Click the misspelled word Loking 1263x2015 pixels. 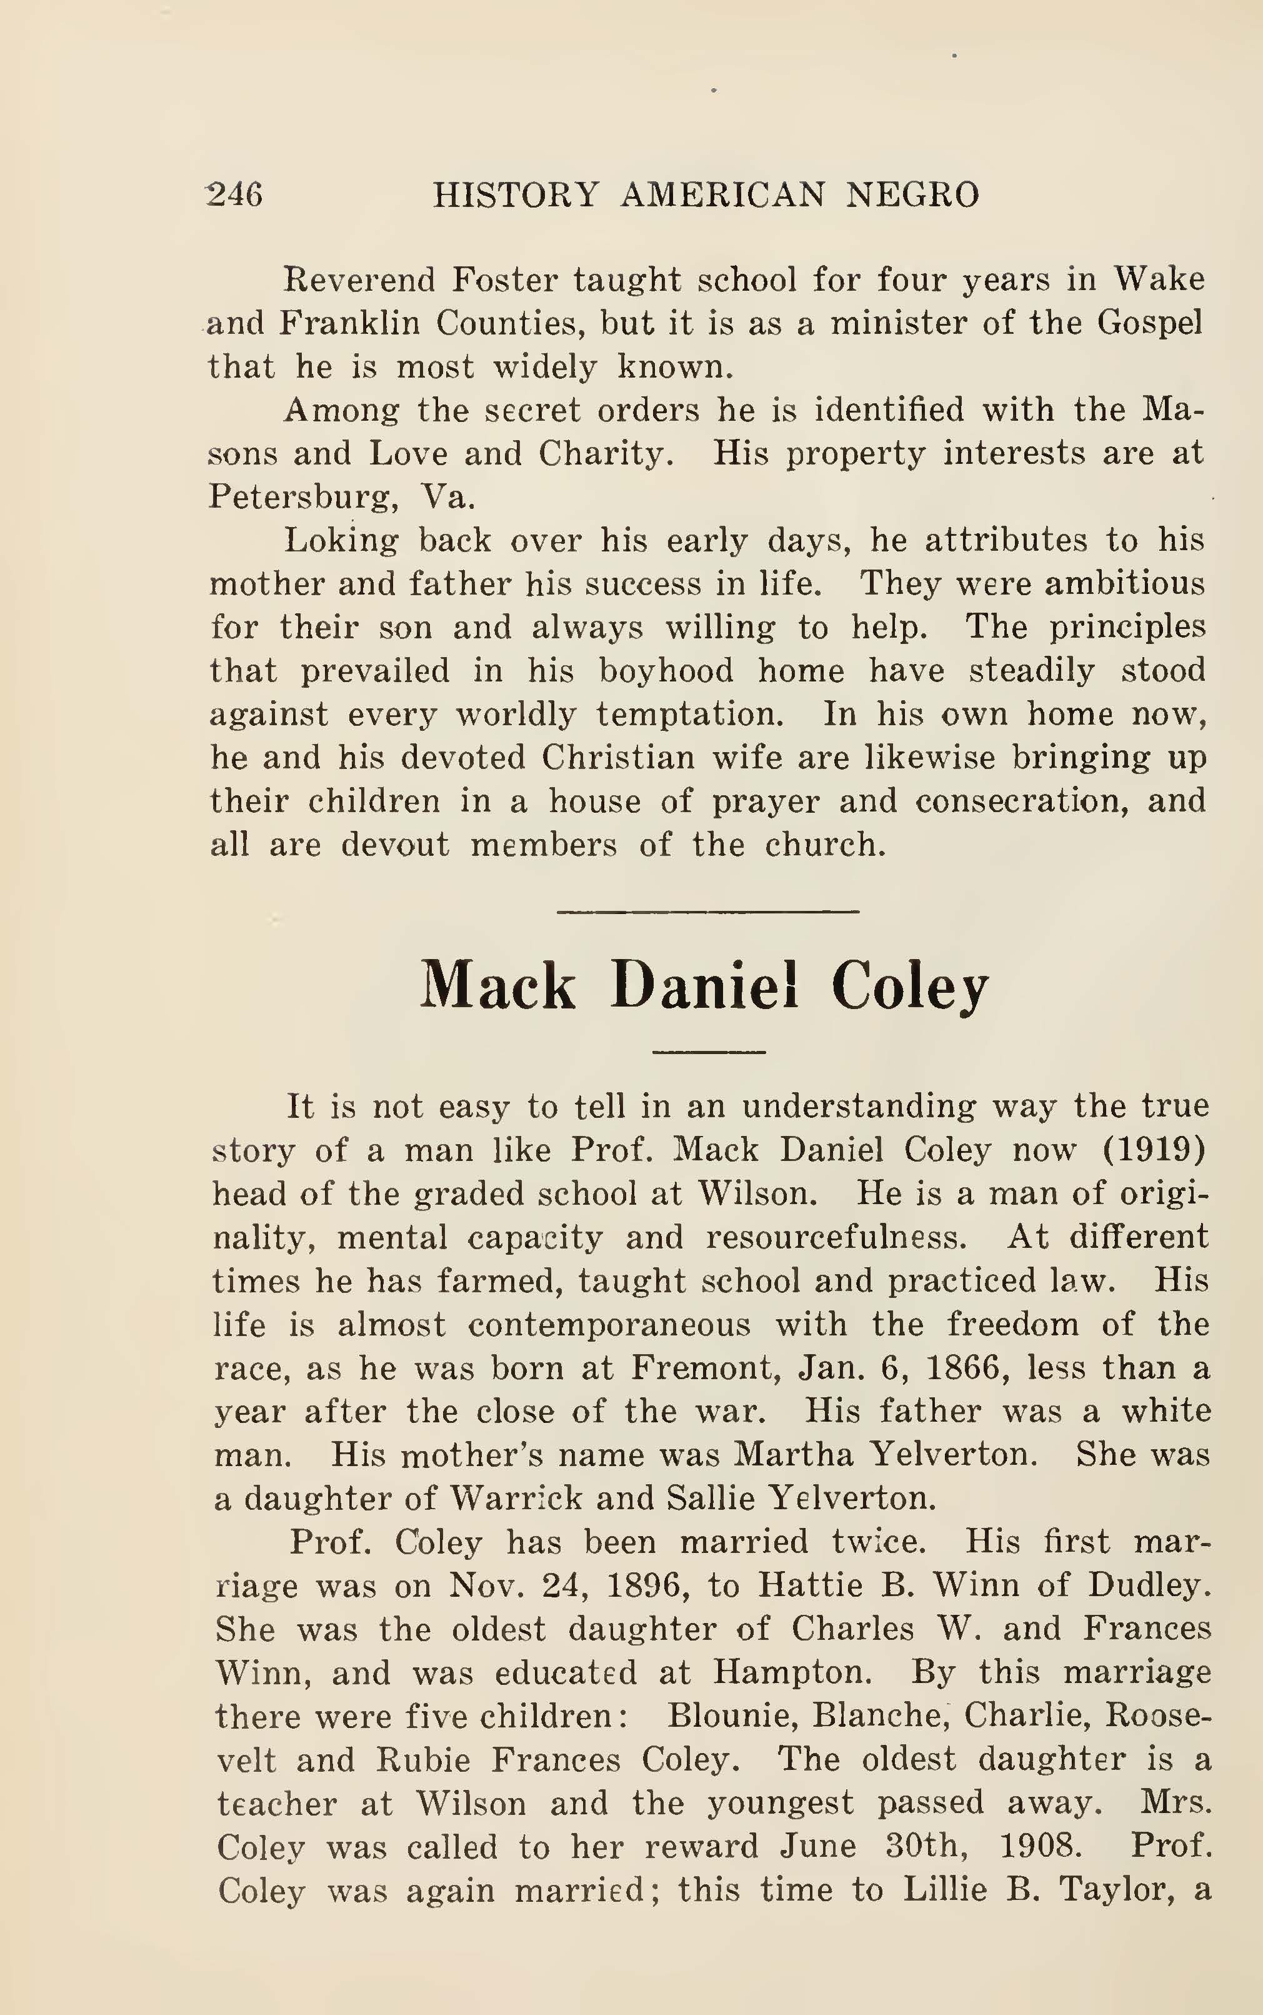click(x=342, y=541)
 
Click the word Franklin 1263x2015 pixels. click(x=348, y=323)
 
